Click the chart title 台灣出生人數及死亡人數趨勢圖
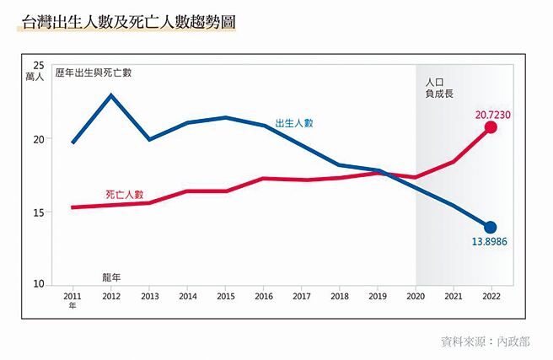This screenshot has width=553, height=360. [125, 22]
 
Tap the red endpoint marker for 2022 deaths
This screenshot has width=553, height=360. [491, 127]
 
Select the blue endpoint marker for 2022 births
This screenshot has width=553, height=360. [491, 227]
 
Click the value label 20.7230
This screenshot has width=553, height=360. [494, 114]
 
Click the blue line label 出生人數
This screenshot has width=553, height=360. [294, 123]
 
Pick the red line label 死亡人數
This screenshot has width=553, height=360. [125, 194]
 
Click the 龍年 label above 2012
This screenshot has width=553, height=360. [112, 274]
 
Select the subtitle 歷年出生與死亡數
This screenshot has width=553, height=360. [94, 73]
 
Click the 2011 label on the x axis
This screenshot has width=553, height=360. [72, 297]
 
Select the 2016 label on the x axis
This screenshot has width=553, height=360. [263, 297]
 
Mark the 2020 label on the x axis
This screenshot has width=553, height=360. [416, 297]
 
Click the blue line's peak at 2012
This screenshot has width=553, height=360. [111, 95]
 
